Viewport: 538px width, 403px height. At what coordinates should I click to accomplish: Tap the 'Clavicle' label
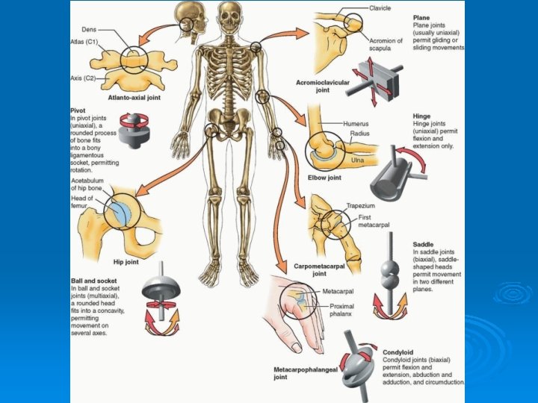380,8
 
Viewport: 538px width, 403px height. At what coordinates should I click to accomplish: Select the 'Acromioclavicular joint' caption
322,87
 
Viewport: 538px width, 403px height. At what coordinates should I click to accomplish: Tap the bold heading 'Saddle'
424,245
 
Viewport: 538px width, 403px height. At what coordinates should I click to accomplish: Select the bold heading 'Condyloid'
398,352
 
